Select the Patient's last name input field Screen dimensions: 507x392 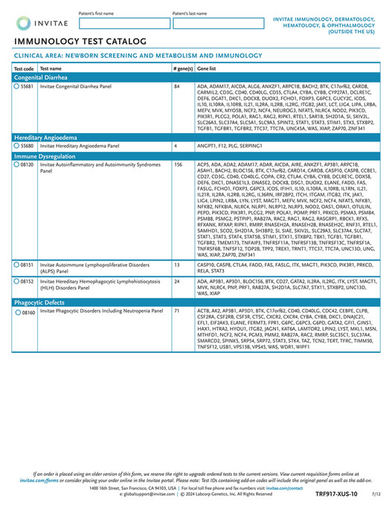[216, 23]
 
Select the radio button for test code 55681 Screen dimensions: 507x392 [17, 86]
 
